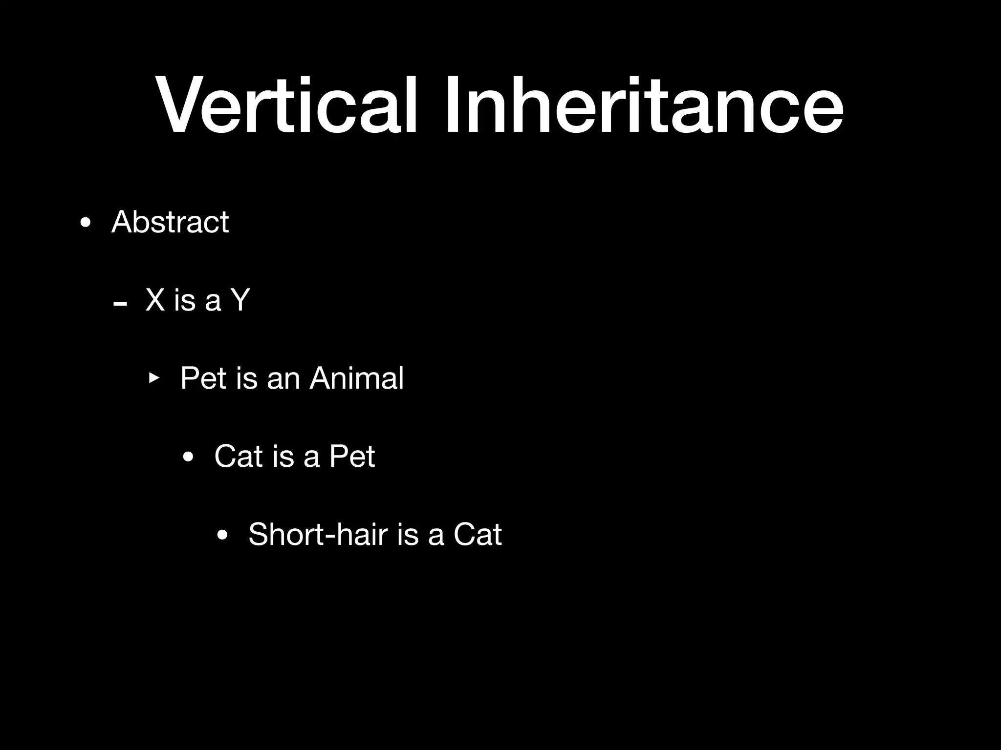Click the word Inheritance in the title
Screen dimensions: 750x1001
click(643, 105)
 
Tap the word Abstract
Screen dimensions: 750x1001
click(170, 222)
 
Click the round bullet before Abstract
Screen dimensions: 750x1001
click(86, 224)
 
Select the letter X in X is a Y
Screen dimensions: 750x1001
click(155, 300)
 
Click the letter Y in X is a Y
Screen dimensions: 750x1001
click(240, 300)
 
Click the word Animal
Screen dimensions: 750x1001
click(356, 378)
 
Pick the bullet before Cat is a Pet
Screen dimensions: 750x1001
click(188, 458)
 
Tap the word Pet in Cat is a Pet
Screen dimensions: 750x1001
click(352, 456)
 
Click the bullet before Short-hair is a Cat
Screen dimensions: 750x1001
click(222, 536)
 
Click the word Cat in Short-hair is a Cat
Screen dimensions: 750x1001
click(478, 534)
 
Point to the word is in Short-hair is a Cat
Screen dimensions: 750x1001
click(408, 534)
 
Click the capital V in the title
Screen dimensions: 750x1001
click(181, 105)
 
